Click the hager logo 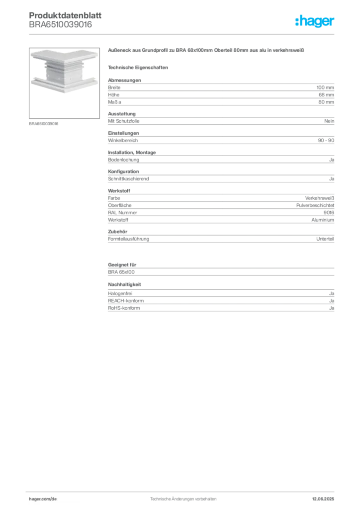click(x=315, y=21)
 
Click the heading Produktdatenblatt click(x=65, y=15)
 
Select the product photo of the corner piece click(x=64, y=83)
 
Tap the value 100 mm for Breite click(x=325, y=87)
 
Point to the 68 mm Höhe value click(x=326, y=95)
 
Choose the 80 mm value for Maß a click(x=326, y=102)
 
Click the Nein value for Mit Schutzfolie click(x=329, y=121)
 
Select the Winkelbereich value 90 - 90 click(x=326, y=140)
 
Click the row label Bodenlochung click(x=123, y=160)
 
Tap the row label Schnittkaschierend click(x=129, y=179)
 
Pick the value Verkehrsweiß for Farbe click(x=319, y=198)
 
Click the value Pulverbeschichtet click(x=315, y=205)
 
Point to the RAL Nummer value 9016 click(x=329, y=213)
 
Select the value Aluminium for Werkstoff click(x=323, y=220)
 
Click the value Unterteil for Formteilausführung click(x=325, y=239)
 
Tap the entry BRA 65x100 click(x=121, y=272)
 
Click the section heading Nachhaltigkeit click(x=124, y=284)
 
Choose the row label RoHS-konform click(x=124, y=308)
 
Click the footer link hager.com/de click(x=43, y=499)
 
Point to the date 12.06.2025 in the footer click(x=323, y=499)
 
